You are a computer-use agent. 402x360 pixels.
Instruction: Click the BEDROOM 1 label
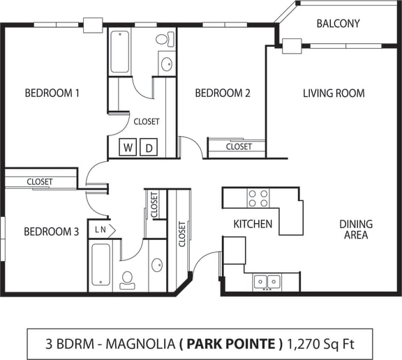pyautogui.click(x=52, y=93)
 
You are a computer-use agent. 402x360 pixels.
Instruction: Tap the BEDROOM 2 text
pyautogui.click(x=222, y=93)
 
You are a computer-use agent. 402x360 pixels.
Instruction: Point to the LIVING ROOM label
pyautogui.click(x=334, y=93)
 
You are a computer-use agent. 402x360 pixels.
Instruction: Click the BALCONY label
pyautogui.click(x=338, y=23)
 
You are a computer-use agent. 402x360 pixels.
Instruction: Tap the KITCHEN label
pyautogui.click(x=253, y=224)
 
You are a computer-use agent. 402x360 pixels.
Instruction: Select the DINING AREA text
pyautogui.click(x=356, y=230)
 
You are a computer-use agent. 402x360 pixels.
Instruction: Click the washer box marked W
pyautogui.click(x=128, y=148)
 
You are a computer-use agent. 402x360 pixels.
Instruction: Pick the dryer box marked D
pyautogui.click(x=149, y=148)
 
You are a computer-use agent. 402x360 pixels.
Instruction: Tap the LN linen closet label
pyautogui.click(x=100, y=229)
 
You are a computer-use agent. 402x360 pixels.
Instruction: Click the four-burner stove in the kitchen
pyautogui.click(x=258, y=198)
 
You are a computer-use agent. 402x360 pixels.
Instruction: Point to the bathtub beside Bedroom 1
pyautogui.click(x=120, y=52)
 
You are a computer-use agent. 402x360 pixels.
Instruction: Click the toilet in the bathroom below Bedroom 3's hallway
pyautogui.click(x=127, y=279)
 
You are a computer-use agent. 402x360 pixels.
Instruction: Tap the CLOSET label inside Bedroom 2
pyautogui.click(x=239, y=147)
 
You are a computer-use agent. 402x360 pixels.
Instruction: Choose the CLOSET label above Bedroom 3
pyautogui.click(x=40, y=181)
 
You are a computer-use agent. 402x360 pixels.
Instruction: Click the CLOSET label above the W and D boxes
pyautogui.click(x=147, y=121)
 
